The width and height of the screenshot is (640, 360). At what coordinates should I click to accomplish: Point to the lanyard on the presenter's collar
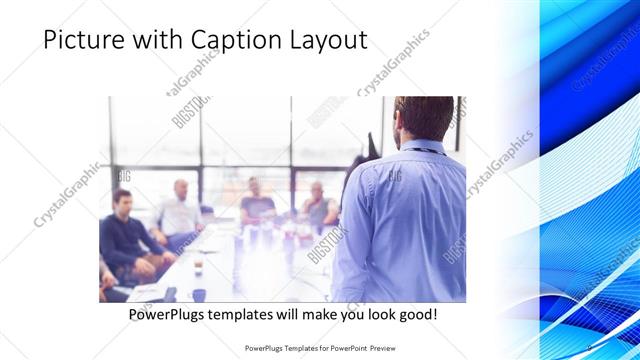point(420,151)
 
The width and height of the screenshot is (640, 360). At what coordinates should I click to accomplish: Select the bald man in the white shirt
point(180,210)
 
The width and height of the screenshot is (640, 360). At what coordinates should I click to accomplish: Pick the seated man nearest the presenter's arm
point(318,205)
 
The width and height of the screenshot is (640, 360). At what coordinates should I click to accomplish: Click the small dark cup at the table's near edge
point(199,294)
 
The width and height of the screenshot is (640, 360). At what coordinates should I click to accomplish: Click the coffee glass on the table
point(198,263)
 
